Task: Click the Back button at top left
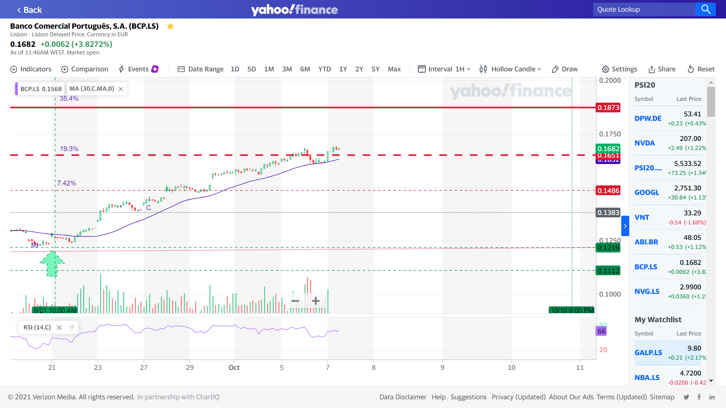(x=29, y=10)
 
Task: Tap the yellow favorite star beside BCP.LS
(x=170, y=26)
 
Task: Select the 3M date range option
(x=287, y=69)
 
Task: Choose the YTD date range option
(x=324, y=69)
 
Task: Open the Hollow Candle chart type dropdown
(x=510, y=69)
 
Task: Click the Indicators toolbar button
(x=31, y=69)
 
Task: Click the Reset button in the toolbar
(x=701, y=69)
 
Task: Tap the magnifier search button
(x=706, y=9)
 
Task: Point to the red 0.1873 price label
(x=608, y=108)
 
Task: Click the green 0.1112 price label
(x=608, y=270)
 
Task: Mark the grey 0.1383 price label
(x=608, y=213)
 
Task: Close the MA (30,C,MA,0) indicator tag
(x=121, y=89)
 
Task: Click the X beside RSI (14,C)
(x=59, y=328)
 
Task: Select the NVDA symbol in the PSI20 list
(x=644, y=143)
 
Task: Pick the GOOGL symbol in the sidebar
(x=647, y=192)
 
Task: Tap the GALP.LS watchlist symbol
(x=648, y=352)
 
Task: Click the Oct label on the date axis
(x=234, y=367)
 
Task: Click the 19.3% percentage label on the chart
(x=69, y=149)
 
